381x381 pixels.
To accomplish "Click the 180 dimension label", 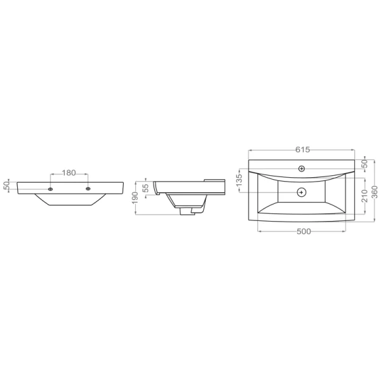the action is (69, 173).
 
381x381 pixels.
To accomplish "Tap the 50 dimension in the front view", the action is (6, 185).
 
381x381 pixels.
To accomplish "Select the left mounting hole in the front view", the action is (50, 189).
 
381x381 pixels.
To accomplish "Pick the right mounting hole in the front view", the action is (88, 189).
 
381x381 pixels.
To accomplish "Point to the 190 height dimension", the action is (135, 197).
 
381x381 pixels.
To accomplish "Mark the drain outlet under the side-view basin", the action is (187, 211).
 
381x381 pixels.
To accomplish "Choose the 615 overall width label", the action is (302, 149).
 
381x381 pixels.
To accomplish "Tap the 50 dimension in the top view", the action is (364, 164).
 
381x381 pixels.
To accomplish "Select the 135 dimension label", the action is (239, 180).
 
